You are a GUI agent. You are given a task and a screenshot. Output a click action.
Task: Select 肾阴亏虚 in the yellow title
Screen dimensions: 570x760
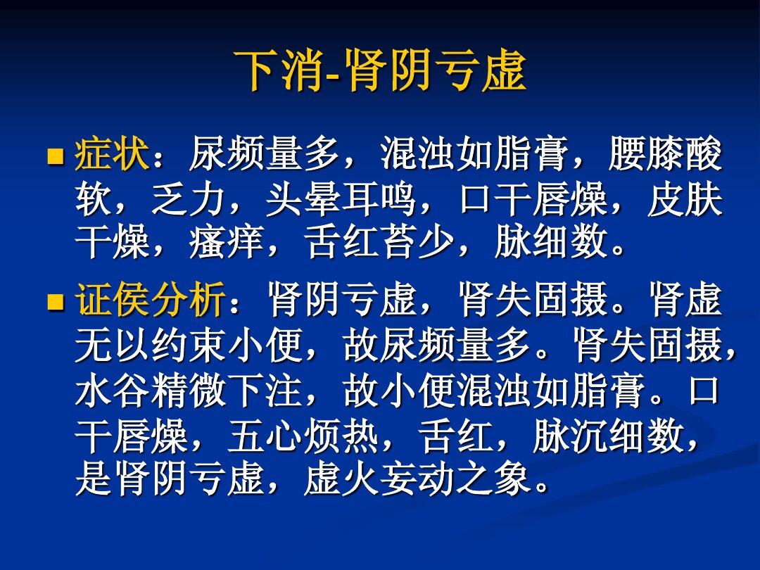click(x=426, y=71)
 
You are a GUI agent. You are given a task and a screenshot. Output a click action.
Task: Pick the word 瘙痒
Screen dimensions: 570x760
click(x=227, y=243)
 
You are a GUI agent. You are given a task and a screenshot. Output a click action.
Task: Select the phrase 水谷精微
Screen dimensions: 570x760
click(x=150, y=392)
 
